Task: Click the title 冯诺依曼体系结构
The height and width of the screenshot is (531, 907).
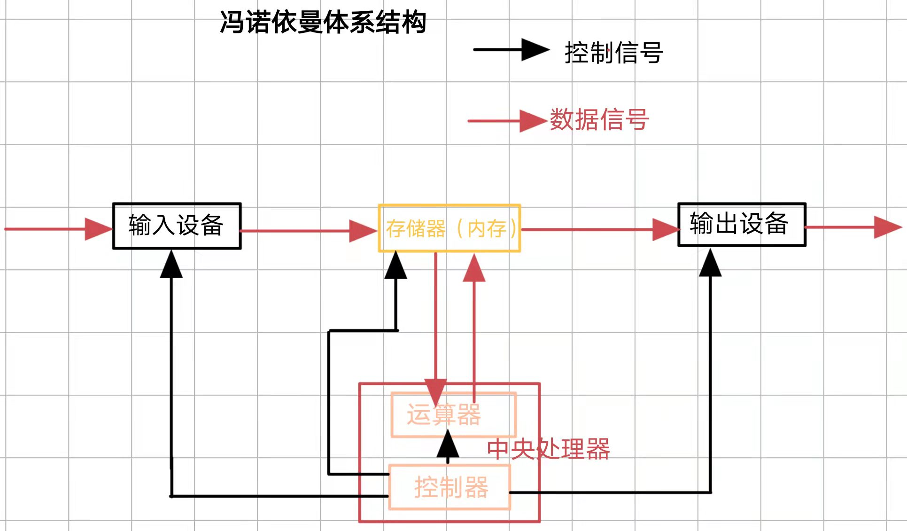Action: (323, 22)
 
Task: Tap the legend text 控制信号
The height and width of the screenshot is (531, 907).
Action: (613, 52)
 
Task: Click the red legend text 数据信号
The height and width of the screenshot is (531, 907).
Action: (599, 119)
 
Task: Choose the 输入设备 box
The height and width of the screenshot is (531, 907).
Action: (177, 226)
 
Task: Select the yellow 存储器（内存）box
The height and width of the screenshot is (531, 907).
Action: (450, 228)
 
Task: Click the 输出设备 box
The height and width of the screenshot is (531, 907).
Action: (742, 224)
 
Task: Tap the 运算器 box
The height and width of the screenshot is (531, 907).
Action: (453, 415)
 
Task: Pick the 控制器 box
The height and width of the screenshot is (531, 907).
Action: (450, 487)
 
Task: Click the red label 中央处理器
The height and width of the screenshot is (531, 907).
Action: (548, 449)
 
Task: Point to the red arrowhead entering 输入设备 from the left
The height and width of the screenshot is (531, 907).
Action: (98, 229)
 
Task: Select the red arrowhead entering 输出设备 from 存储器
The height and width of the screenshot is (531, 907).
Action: (665, 229)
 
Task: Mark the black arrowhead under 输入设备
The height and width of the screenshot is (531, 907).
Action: (171, 265)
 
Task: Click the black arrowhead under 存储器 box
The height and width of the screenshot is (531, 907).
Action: (396, 265)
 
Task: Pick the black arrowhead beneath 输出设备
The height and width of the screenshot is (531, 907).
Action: (710, 264)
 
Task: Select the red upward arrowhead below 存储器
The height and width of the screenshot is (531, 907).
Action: (474, 269)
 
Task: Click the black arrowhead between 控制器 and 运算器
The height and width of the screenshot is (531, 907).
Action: (448, 445)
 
